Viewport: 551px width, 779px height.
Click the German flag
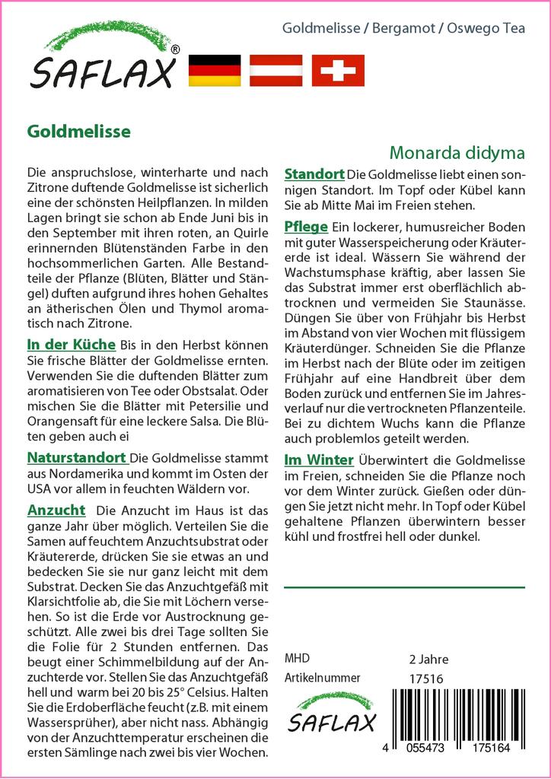(x=214, y=70)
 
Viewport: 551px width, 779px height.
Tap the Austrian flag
(x=278, y=70)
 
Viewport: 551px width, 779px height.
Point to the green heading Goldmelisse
(x=78, y=131)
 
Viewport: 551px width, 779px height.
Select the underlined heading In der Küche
(x=71, y=344)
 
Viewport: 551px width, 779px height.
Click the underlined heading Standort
(x=314, y=173)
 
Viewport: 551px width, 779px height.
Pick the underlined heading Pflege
(x=305, y=227)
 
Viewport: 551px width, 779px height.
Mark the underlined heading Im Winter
(x=318, y=459)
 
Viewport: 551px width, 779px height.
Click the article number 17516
(x=425, y=679)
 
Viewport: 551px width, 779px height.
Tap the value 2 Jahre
(x=428, y=659)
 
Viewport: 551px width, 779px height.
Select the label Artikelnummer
(x=321, y=679)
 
